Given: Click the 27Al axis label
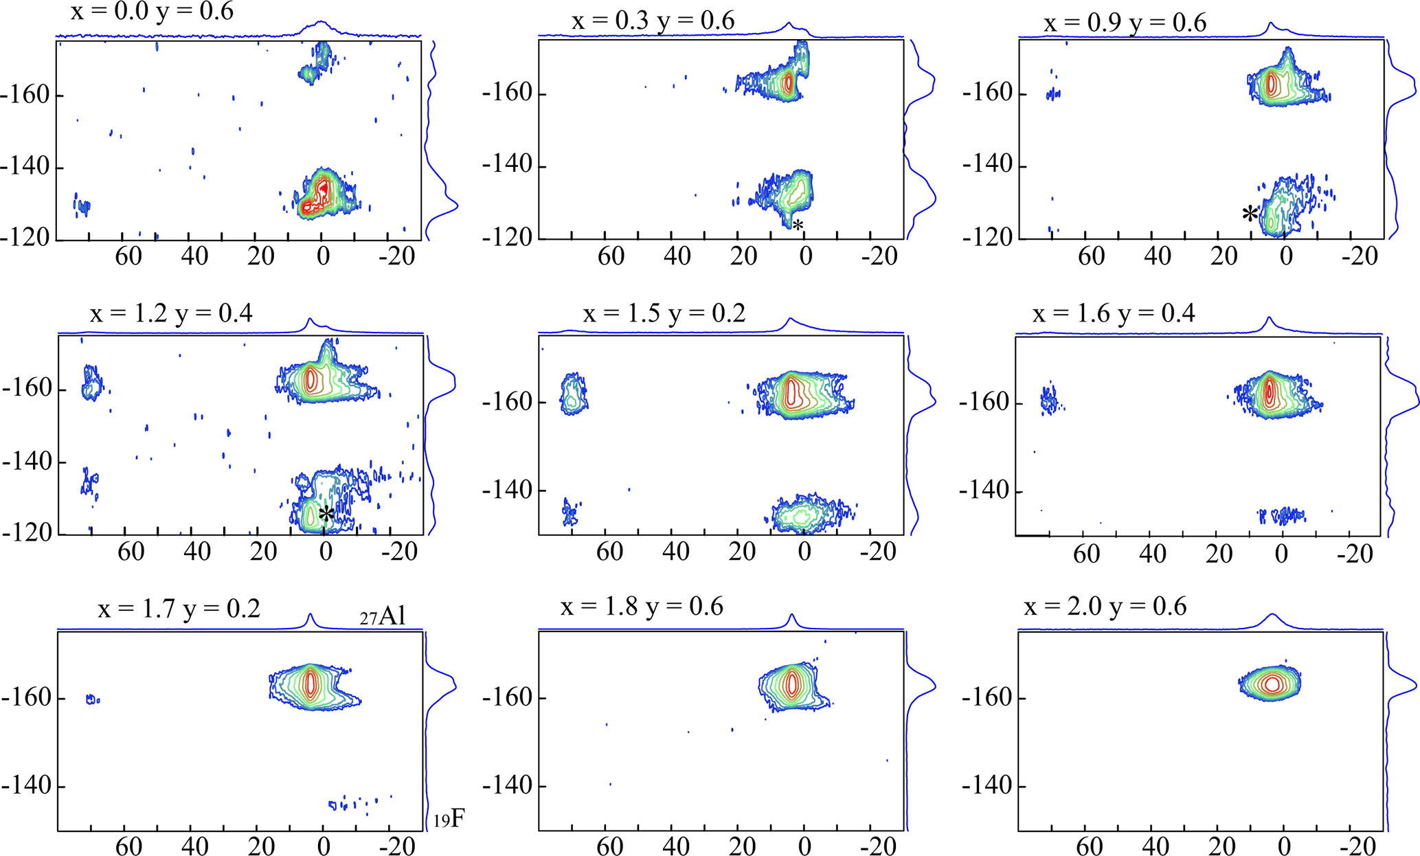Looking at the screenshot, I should [x=383, y=616].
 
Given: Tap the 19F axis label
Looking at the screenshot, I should [x=449, y=819].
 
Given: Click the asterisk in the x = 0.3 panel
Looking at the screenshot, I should [x=798, y=225].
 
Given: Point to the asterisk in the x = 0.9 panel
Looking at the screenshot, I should [x=1250, y=214].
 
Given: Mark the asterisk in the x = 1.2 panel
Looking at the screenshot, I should [x=326, y=514].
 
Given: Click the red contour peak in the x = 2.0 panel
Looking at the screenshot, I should [x=1272, y=684].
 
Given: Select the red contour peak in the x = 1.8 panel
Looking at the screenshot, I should [x=793, y=683].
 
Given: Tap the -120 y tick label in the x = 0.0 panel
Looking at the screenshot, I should [x=25, y=238].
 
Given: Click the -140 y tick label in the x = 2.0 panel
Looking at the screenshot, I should [x=987, y=785].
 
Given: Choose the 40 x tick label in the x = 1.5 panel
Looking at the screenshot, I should [x=676, y=552].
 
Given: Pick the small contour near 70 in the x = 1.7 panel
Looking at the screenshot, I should [x=92, y=699].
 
